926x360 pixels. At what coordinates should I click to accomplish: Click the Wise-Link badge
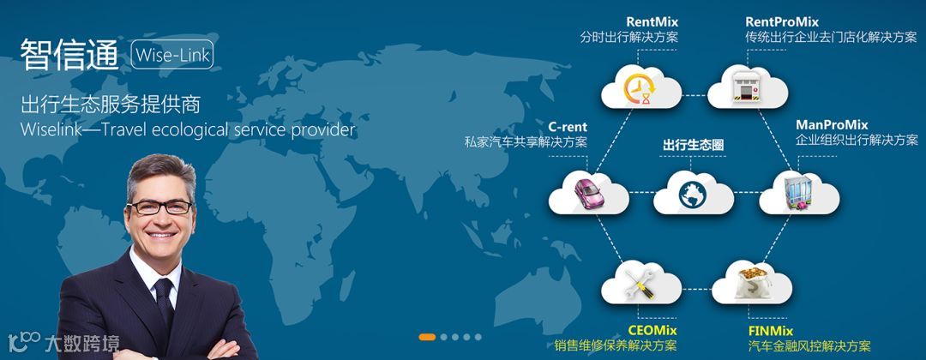(171, 55)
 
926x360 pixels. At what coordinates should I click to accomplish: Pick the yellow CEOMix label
(652, 331)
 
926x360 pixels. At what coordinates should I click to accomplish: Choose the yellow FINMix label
(770, 331)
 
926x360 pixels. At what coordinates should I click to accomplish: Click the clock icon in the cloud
(640, 87)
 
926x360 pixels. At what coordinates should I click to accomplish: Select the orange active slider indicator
(428, 337)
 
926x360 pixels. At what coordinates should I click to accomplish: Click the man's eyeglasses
(159, 207)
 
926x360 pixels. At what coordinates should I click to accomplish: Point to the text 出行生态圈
(693, 146)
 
